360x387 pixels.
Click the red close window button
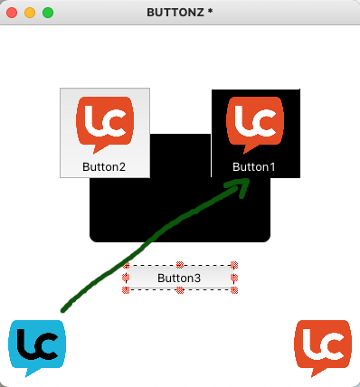12,13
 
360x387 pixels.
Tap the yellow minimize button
30,13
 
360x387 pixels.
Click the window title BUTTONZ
175,13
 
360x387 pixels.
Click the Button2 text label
104,166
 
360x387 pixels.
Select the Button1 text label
254,166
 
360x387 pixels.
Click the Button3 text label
179,278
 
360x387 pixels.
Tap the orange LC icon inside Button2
105,125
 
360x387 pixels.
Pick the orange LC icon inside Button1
255,125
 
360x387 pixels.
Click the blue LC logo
37,348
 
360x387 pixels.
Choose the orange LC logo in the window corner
323,348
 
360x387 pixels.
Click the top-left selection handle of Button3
126,265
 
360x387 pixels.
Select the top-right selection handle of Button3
234,265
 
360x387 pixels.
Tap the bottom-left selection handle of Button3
126,290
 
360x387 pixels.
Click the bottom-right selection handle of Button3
234,290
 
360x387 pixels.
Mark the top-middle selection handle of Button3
180,265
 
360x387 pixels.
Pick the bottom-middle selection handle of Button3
180,290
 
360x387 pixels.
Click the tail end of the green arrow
62,310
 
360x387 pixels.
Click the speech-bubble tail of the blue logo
29,373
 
